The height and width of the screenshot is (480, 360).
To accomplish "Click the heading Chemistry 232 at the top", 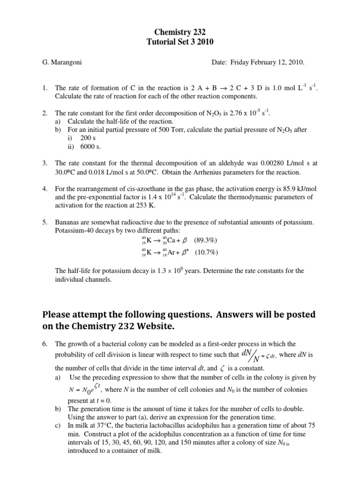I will [180, 32].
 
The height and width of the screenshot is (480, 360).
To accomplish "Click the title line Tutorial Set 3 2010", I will [180, 41].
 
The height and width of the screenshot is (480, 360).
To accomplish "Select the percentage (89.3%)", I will [205, 241].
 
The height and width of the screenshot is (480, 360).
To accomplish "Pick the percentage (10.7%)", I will [207, 253].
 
